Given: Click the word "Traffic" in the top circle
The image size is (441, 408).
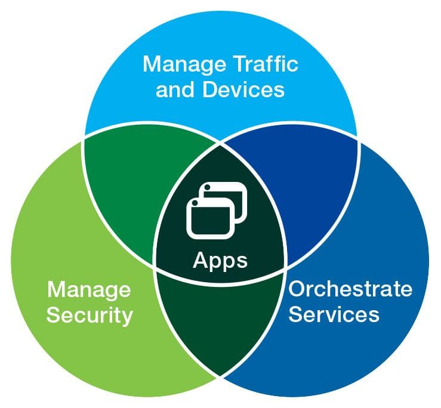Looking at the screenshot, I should tap(262, 64).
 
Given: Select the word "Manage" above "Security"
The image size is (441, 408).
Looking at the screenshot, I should tap(89, 290).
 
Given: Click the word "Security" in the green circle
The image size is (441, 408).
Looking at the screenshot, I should tap(89, 315).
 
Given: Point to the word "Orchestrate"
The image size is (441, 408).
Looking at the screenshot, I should tap(350, 289).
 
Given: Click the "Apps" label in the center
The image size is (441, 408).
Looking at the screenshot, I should tap(220, 261).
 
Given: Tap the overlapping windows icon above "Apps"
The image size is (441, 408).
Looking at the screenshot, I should tap(216, 209).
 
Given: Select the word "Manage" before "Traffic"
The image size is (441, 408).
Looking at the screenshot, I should tap(182, 64).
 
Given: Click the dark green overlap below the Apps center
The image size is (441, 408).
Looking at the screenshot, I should tap(220, 322).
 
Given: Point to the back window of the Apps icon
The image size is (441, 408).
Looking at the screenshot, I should tap(230, 194).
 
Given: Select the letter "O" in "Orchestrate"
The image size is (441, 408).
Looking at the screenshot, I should tap(297, 289).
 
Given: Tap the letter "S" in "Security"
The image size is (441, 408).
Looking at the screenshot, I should tap(54, 315).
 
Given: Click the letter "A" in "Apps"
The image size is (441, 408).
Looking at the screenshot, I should tap(200, 260).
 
